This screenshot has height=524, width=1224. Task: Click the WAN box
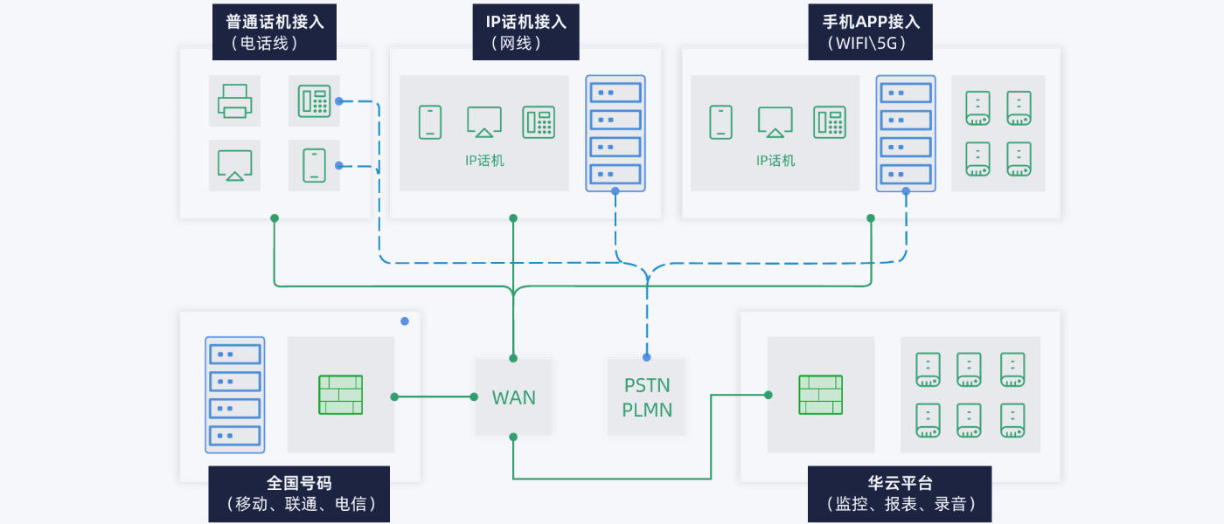(513, 397)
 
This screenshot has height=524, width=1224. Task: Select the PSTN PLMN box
(647, 397)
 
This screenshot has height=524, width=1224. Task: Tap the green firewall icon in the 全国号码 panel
(340, 395)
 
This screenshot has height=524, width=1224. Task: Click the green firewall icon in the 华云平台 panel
(820, 395)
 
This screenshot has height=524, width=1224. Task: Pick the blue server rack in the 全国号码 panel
(234, 395)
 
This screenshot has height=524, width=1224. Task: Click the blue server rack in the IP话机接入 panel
(615, 133)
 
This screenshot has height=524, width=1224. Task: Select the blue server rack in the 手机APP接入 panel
(906, 133)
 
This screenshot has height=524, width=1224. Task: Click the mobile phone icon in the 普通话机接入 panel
(314, 165)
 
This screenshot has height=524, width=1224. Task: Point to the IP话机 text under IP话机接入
(484, 161)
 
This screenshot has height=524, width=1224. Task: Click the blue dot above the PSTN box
(647, 357)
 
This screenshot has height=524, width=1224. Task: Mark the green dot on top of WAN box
(513, 358)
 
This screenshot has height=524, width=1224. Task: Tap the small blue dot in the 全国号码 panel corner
(405, 321)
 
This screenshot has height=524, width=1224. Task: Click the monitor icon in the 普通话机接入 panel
(234, 165)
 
